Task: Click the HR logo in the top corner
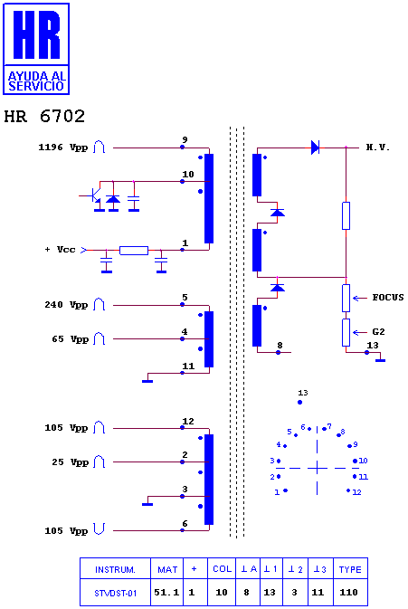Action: (x=36, y=49)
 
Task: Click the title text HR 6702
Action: (x=44, y=116)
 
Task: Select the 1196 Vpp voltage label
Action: (x=63, y=147)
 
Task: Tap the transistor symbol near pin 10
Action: (x=94, y=195)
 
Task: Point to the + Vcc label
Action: (x=61, y=250)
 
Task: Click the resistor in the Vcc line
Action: (x=134, y=251)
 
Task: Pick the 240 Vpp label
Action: (x=66, y=305)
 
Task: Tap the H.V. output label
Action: (x=378, y=147)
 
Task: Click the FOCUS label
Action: (x=388, y=298)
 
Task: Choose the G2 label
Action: (x=378, y=332)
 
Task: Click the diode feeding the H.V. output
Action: (x=315, y=147)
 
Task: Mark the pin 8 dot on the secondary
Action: (x=278, y=352)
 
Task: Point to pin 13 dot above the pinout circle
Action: (x=299, y=403)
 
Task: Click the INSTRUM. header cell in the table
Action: (x=115, y=569)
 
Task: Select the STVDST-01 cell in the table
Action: (x=115, y=593)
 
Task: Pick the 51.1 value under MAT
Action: (x=166, y=593)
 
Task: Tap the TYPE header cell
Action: (x=350, y=569)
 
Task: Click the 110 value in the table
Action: (x=348, y=593)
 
